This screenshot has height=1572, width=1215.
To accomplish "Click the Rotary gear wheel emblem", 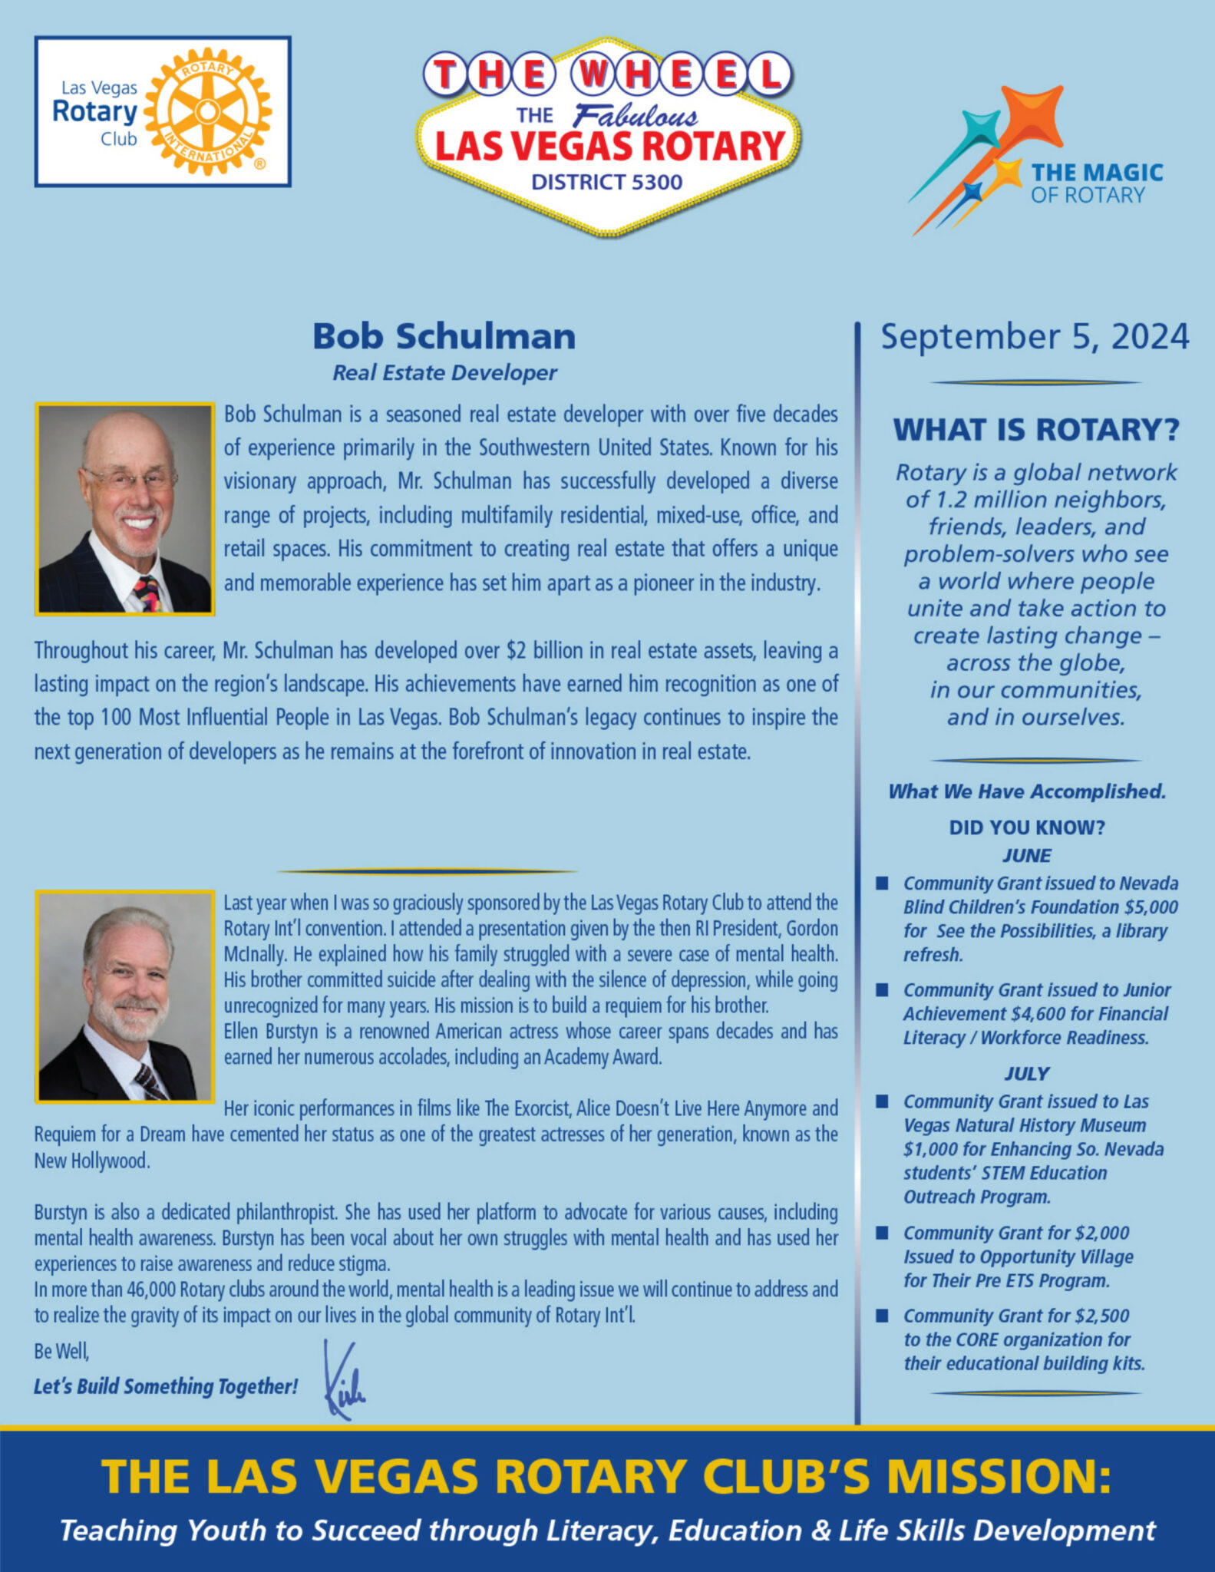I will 207,111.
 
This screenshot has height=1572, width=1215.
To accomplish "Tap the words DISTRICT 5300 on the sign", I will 606,182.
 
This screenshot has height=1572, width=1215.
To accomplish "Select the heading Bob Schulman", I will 444,336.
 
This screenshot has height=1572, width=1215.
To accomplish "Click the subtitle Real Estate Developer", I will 444,373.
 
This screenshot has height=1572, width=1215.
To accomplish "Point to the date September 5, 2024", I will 1035,336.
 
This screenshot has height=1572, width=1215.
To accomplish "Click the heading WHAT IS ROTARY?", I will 1035,430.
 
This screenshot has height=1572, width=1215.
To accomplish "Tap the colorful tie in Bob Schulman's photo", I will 147,593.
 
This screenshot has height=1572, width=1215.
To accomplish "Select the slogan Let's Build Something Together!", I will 166,1386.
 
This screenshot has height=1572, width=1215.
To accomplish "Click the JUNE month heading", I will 1026,856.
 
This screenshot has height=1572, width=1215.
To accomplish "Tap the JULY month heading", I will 1026,1074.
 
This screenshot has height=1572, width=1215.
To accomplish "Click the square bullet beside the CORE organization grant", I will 883,1316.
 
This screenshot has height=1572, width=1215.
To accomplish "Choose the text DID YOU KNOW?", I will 1026,827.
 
